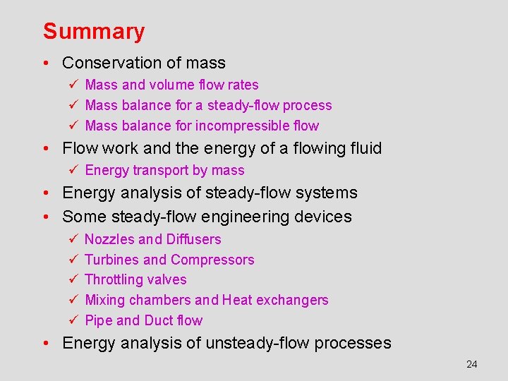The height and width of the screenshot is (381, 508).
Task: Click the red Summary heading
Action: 94,32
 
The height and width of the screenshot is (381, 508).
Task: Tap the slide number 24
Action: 472,364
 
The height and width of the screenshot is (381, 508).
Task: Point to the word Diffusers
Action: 194,239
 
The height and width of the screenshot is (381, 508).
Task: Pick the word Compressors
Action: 212,260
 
